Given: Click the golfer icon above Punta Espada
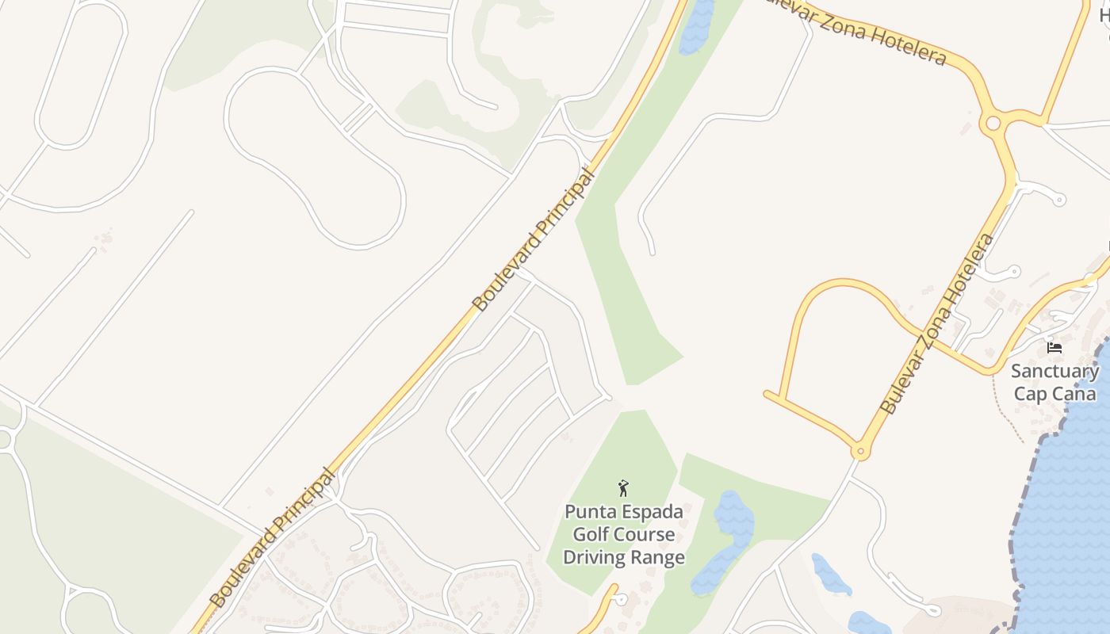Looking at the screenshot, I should click(x=623, y=488).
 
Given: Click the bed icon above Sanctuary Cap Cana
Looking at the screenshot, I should click(x=1054, y=347).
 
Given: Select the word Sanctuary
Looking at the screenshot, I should click(x=1054, y=371).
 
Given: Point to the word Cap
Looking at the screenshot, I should click(x=1031, y=393).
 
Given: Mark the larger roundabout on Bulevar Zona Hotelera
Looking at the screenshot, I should click(x=991, y=124).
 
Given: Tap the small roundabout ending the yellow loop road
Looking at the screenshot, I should click(x=860, y=453).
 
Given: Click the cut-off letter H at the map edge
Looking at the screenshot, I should click(x=1104, y=13).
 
